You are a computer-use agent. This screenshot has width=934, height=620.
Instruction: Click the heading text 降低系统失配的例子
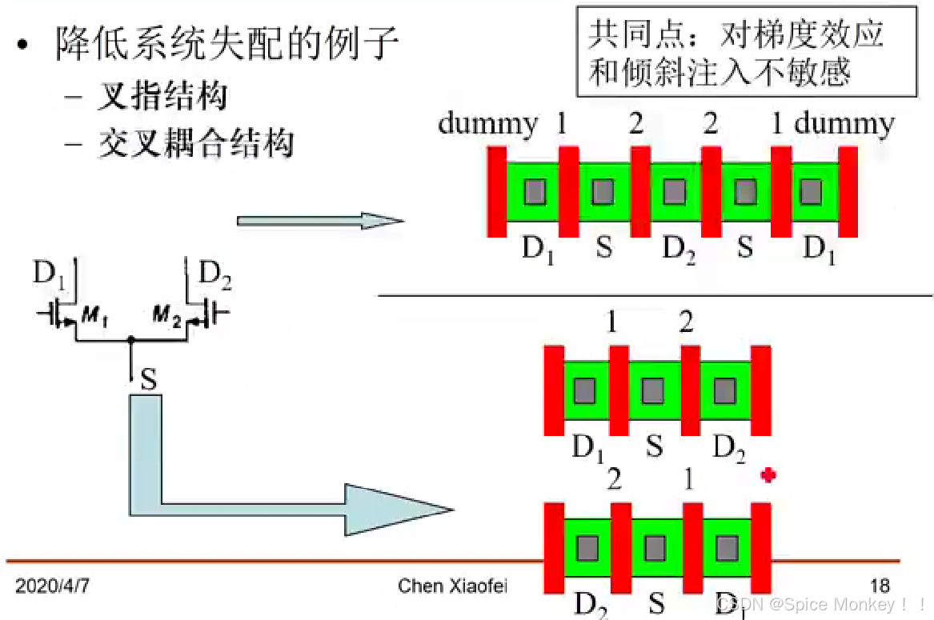[x=227, y=44]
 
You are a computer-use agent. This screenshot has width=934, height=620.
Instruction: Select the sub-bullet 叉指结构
[x=162, y=97]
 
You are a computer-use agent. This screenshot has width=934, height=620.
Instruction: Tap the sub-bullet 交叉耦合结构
[x=195, y=143]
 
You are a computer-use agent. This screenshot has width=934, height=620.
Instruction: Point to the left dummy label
[x=488, y=124]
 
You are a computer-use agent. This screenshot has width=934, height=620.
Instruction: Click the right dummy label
[x=844, y=124]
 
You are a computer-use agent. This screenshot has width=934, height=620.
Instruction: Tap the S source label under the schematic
[x=148, y=378]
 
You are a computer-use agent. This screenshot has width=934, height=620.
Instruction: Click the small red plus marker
[x=769, y=476]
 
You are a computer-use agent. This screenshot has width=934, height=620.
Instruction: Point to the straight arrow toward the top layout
[x=320, y=220]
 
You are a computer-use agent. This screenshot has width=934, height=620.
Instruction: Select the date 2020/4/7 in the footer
[x=52, y=586]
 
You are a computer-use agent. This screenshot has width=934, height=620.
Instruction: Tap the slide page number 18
[x=880, y=586]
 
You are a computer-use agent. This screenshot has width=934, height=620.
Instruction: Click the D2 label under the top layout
[x=679, y=250]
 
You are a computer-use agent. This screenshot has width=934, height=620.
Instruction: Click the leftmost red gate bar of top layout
[x=497, y=191]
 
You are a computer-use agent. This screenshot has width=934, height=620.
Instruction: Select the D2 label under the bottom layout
[x=591, y=605]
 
